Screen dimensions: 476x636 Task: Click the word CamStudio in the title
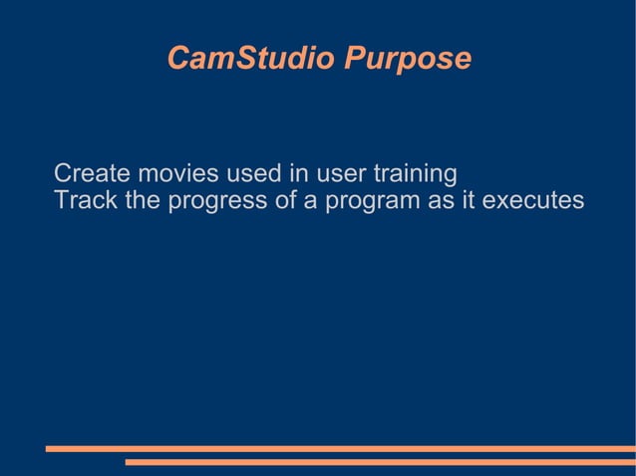tap(251, 59)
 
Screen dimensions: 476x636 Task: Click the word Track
tap(85, 201)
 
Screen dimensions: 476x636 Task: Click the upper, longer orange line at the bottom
tap(340, 449)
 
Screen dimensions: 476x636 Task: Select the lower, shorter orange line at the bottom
tap(380, 462)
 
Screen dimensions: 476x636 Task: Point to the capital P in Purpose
tap(353, 59)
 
